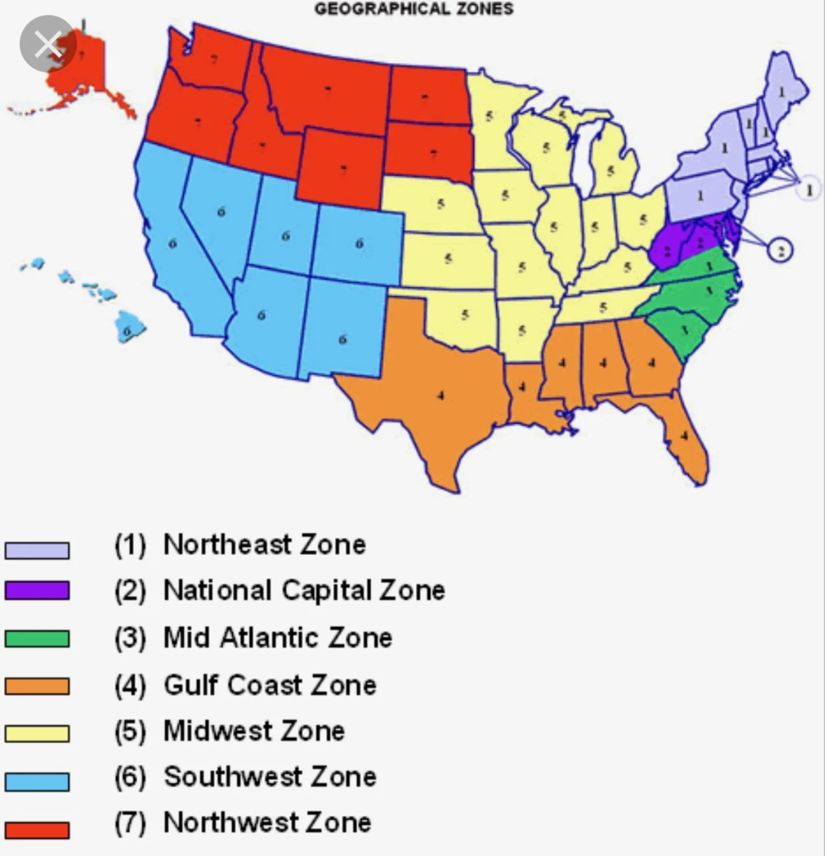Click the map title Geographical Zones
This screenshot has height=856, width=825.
pyautogui.click(x=414, y=9)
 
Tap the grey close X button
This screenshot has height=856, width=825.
pyautogui.click(x=48, y=44)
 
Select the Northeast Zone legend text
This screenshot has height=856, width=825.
pyautogui.click(x=264, y=545)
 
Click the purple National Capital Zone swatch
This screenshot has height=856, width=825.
pyautogui.click(x=37, y=590)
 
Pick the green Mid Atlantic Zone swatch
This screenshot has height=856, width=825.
pyautogui.click(x=37, y=638)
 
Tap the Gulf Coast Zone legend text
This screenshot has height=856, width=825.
pyautogui.click(x=269, y=685)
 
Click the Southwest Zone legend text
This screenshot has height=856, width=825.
pyautogui.click(x=269, y=777)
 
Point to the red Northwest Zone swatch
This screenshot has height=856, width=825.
pyautogui.click(x=37, y=830)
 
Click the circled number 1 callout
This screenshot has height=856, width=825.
pyautogui.click(x=809, y=189)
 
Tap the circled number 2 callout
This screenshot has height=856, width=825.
pyautogui.click(x=779, y=250)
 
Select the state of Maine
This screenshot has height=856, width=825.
pyautogui.click(x=782, y=90)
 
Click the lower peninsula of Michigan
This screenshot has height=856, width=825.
pyautogui.click(x=611, y=168)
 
